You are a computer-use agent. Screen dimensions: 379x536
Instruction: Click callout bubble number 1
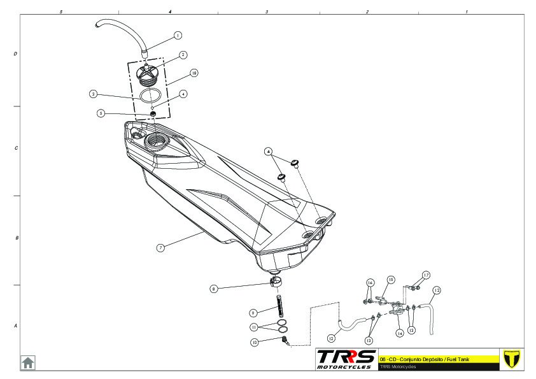click(178, 36)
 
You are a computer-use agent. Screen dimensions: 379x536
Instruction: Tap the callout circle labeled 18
click(194, 73)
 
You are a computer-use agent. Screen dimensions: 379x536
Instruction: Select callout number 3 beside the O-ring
click(93, 94)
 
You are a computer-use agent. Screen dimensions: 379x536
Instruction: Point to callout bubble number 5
click(101, 113)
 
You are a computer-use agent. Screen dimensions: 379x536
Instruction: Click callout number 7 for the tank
click(160, 247)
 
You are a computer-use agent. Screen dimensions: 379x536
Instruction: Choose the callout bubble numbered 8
click(214, 289)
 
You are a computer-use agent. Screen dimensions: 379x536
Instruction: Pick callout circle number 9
click(253, 313)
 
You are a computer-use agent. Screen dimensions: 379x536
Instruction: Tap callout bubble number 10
click(254, 342)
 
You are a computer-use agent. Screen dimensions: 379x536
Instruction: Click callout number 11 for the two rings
click(253, 327)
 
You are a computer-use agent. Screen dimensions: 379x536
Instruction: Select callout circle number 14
click(400, 333)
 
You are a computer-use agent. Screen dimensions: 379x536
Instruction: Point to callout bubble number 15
click(391, 279)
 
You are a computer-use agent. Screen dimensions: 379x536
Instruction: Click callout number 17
click(427, 275)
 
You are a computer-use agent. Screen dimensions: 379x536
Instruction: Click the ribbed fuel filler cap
click(148, 78)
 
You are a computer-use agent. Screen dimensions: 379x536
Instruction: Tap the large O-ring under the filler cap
click(150, 96)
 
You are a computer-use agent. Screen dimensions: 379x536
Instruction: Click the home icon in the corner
click(28, 362)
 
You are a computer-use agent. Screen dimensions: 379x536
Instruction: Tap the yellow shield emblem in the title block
click(511, 359)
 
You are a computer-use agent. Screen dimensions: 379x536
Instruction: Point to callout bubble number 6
click(269, 152)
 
